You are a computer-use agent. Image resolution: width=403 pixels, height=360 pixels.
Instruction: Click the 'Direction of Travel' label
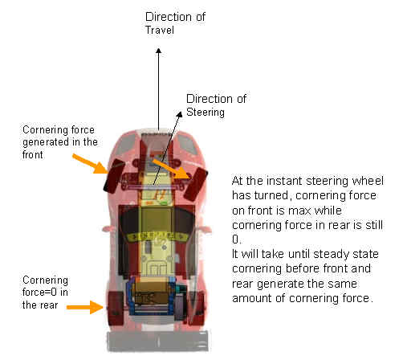pyautogui.click(x=175, y=23)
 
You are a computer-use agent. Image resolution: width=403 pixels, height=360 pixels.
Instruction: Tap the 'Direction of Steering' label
pyautogui.click(x=216, y=105)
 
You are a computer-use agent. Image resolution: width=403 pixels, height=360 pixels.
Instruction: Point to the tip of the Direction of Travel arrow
pyautogui.click(x=159, y=48)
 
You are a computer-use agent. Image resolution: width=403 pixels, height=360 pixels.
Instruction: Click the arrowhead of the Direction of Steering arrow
pyautogui.click(x=180, y=114)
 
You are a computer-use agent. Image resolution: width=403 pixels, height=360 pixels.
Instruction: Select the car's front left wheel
pyautogui.click(x=113, y=175)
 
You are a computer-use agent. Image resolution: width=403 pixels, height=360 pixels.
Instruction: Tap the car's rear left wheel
pyautogui.click(x=116, y=308)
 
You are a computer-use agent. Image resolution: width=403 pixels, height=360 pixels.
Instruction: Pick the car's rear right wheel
pyautogui.click(x=197, y=309)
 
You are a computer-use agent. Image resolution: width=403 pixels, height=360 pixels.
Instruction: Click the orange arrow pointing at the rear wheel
pyautogui.click(x=85, y=307)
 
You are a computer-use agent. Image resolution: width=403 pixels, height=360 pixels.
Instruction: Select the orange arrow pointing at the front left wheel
pyautogui.click(x=90, y=163)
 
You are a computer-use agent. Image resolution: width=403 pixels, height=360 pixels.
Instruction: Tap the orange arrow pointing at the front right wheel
pyautogui.click(x=172, y=169)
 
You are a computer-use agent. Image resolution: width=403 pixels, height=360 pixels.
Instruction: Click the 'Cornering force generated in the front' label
pyautogui.click(x=60, y=142)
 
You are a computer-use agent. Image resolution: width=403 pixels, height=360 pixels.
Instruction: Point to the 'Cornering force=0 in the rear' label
pyautogui.click(x=45, y=292)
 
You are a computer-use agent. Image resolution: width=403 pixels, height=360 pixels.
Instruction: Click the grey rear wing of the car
pyautogui.click(x=158, y=342)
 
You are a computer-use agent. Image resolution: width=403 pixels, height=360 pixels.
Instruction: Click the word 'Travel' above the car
pyautogui.click(x=160, y=30)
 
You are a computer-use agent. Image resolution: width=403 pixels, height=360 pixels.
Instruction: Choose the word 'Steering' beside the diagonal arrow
pyautogui.click(x=206, y=112)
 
